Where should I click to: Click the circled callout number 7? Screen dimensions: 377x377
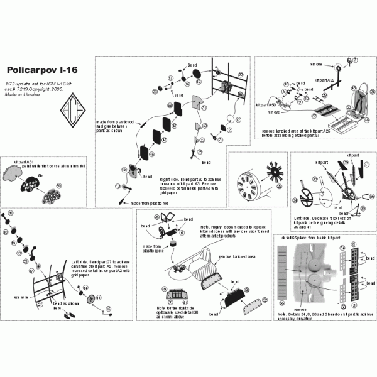(354, 61)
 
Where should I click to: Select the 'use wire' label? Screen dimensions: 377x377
(20, 296)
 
